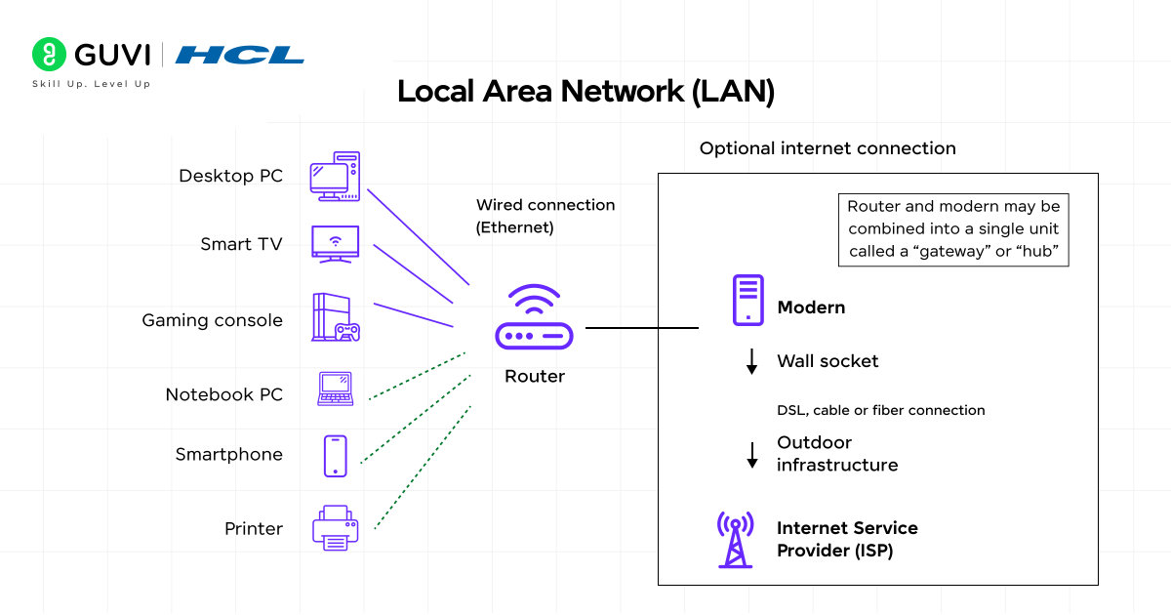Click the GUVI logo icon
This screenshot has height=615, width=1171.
click(x=48, y=54)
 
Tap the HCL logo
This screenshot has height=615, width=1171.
click(x=240, y=55)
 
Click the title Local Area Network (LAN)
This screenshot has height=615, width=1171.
click(x=585, y=92)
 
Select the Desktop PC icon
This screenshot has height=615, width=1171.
click(x=335, y=177)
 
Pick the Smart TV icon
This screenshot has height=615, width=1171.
click(x=335, y=243)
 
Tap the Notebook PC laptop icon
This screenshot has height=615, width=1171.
click(x=335, y=389)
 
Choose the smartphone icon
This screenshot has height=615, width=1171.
click(x=335, y=456)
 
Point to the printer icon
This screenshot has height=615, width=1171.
click(x=335, y=528)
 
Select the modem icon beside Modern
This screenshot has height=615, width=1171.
click(x=747, y=300)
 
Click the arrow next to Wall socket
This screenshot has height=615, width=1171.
click(x=751, y=362)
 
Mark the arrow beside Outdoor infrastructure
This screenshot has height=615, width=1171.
click(x=751, y=455)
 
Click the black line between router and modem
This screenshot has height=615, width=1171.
click(x=641, y=328)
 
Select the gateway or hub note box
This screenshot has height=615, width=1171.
click(x=953, y=230)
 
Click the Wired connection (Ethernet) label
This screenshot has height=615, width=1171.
click(x=545, y=216)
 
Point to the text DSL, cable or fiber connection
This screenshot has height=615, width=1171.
click(x=880, y=410)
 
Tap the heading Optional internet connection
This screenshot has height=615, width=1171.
click(x=828, y=148)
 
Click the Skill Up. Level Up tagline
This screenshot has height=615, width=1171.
click(x=91, y=84)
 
